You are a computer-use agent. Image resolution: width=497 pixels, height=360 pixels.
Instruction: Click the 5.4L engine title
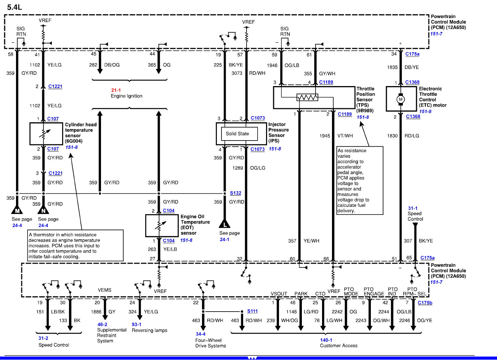(x=14, y=7)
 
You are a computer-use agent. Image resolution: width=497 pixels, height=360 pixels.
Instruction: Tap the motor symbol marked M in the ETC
(x=401, y=99)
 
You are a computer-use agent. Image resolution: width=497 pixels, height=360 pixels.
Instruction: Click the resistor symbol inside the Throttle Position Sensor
(x=307, y=98)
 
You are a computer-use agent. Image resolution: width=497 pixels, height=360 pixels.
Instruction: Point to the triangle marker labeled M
(x=17, y=211)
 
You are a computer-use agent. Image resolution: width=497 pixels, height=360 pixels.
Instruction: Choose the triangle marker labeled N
(x=44, y=211)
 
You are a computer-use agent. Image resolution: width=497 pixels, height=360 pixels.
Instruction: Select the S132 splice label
(x=235, y=193)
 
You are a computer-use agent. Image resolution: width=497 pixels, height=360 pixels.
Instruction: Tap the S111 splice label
(x=252, y=311)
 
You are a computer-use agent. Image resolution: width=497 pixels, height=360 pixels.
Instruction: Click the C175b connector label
(x=425, y=303)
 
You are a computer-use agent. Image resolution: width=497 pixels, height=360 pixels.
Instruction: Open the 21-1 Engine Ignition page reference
(x=116, y=90)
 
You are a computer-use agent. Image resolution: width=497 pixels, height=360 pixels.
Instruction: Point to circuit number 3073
(x=237, y=73)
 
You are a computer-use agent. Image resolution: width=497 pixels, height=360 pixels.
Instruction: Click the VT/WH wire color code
(x=345, y=136)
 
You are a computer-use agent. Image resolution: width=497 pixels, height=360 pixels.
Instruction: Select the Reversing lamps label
(x=149, y=330)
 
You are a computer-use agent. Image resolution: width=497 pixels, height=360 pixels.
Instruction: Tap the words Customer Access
(x=338, y=346)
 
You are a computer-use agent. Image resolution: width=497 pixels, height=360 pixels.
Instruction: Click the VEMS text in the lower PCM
(x=104, y=290)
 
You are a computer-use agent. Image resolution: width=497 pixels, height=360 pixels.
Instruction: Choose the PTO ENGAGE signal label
(x=374, y=291)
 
